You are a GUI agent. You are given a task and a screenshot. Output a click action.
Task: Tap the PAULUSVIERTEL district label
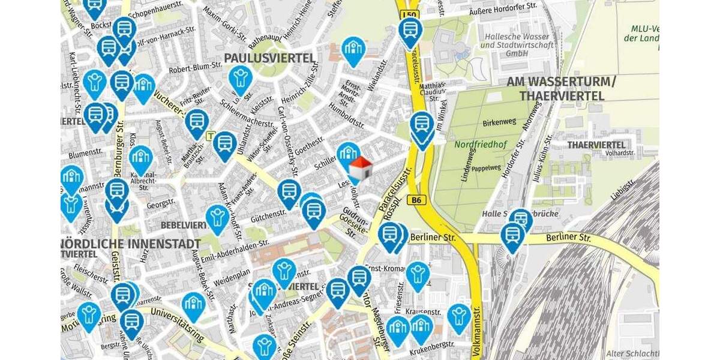tap(269, 58)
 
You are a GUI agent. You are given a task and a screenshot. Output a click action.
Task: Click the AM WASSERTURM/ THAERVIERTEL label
tap(562, 89)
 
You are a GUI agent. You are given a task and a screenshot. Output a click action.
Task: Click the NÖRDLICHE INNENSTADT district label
tap(131, 244)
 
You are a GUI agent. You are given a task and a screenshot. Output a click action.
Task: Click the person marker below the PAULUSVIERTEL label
tap(241, 78)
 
